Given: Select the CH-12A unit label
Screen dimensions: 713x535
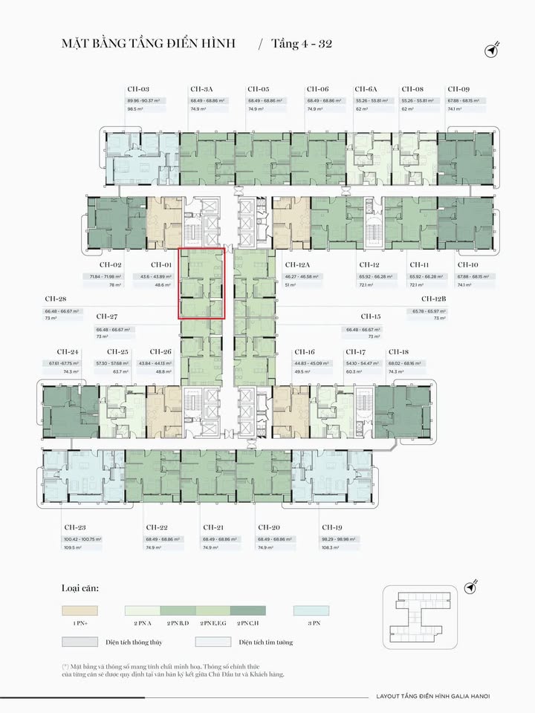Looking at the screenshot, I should pyautogui.click(x=298, y=264).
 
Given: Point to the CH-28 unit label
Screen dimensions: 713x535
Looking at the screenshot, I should pyautogui.click(x=56, y=299).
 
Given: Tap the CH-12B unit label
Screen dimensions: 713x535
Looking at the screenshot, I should pyautogui.click(x=434, y=299).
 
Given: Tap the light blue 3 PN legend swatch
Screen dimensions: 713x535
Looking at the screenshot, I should pyautogui.click(x=311, y=610).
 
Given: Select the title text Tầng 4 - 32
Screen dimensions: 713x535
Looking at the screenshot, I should pyautogui.click(x=300, y=44).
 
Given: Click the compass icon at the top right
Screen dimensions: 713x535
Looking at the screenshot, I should pyautogui.click(x=490, y=49).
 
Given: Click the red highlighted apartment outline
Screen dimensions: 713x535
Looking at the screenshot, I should pyautogui.click(x=201, y=283).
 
